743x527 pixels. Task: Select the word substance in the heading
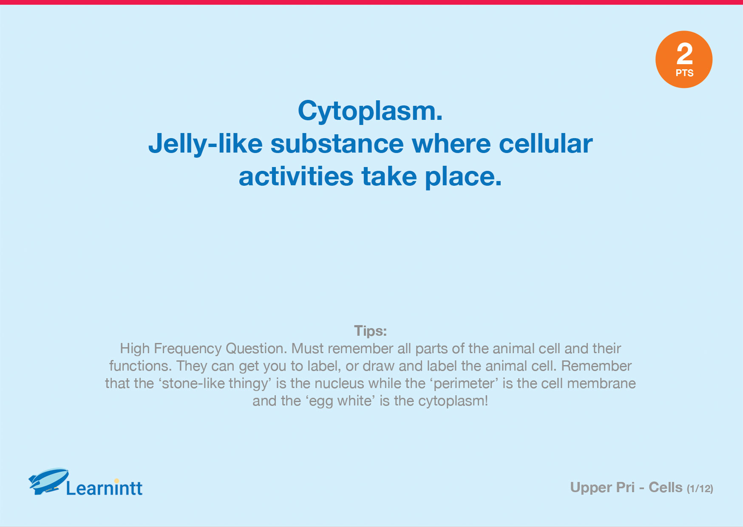point(337,144)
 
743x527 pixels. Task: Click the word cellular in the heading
point(546,144)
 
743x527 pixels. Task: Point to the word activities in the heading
point(296,176)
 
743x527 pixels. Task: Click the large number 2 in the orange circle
point(684,54)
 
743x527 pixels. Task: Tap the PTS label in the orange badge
point(684,73)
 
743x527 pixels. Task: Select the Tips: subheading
point(371,331)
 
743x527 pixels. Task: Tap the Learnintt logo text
point(104,488)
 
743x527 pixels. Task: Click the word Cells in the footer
point(666,487)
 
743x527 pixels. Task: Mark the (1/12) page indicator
point(700,489)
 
